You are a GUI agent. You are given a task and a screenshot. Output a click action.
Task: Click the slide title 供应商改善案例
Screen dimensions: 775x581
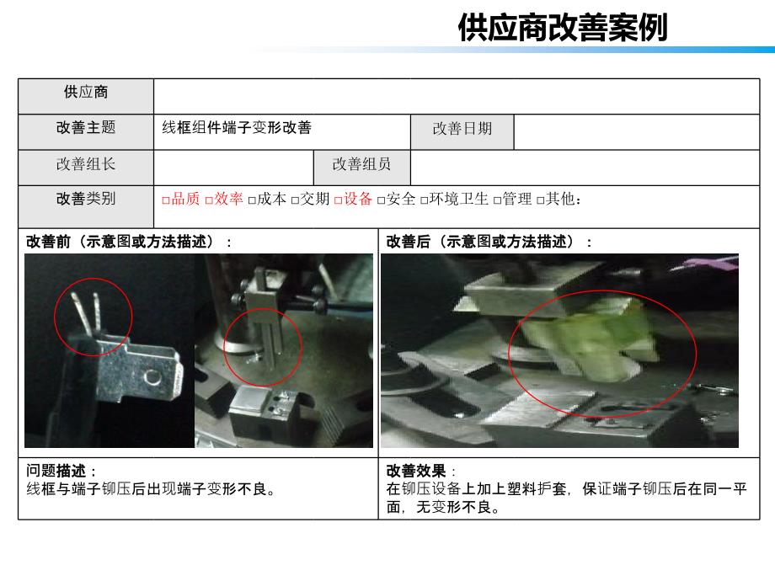[563, 27]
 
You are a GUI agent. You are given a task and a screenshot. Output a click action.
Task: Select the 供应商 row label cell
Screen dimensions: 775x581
[86, 96]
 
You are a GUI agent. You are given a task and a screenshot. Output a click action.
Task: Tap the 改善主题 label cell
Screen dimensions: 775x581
[86, 132]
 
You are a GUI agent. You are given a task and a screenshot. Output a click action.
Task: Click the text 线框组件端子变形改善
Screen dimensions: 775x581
[237, 127]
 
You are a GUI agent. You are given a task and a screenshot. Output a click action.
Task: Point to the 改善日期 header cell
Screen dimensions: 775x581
[462, 132]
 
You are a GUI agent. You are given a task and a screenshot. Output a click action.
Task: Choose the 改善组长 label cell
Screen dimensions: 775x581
[86, 168]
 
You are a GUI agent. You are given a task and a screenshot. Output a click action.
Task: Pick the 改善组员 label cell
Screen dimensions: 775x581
[361, 168]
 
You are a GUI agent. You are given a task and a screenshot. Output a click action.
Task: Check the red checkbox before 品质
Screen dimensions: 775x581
[166, 200]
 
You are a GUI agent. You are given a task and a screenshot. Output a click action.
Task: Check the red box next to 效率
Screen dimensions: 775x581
[209, 200]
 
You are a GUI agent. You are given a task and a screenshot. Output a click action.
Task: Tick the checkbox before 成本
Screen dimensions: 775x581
[252, 200]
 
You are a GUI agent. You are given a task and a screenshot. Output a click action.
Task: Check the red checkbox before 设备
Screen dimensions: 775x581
[338, 200]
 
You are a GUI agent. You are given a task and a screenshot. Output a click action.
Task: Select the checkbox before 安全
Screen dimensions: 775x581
[381, 200]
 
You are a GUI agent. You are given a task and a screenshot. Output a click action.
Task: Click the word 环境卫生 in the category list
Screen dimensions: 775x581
[458, 199]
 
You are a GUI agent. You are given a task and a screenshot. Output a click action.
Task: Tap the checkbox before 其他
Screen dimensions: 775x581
[541, 200]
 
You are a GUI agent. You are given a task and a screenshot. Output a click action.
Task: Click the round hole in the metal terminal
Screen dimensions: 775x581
[152, 378]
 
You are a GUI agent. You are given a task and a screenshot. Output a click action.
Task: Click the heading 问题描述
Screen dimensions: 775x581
[56, 471]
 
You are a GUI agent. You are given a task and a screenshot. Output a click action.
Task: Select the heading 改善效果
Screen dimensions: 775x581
[415, 471]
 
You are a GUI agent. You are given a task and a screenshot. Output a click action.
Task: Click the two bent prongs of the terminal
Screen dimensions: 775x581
[87, 312]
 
